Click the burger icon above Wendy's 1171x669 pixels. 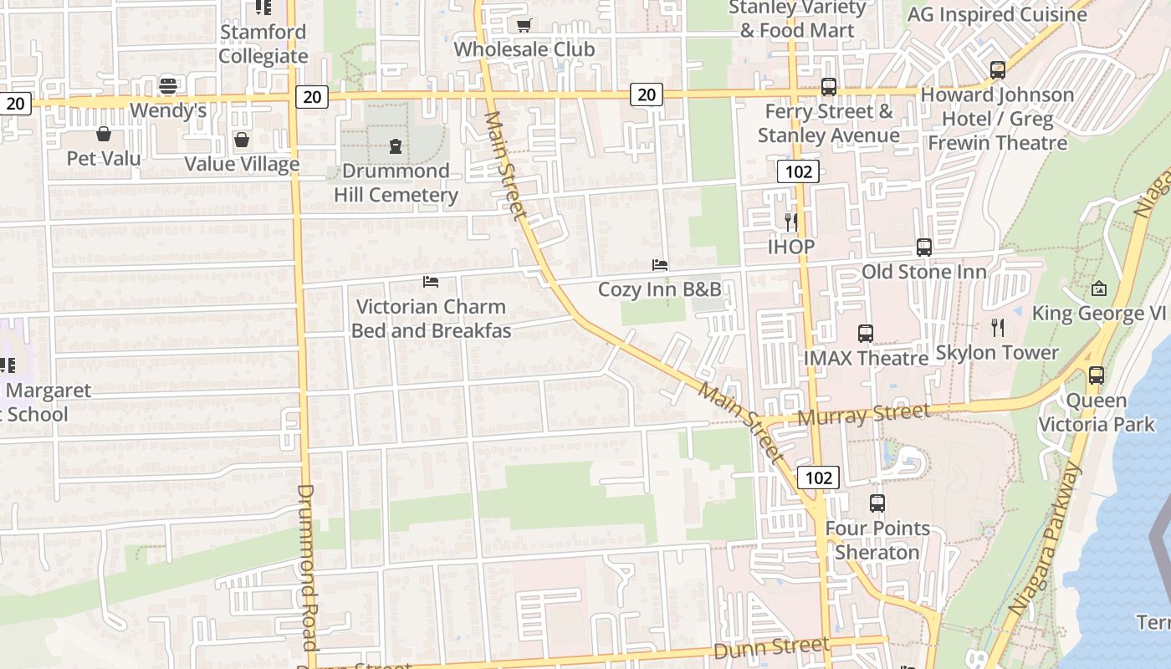(x=168, y=85)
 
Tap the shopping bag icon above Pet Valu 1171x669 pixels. (x=104, y=134)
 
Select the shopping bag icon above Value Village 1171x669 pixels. (x=242, y=140)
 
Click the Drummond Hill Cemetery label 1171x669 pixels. (x=396, y=183)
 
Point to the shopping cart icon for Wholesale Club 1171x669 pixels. (x=524, y=25)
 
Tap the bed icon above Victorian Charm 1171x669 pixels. (x=431, y=282)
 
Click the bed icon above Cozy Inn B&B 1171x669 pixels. (x=660, y=265)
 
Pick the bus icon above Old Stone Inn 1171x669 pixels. (x=924, y=248)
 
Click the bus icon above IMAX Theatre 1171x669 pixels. (x=866, y=334)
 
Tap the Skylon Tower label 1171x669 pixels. (x=997, y=352)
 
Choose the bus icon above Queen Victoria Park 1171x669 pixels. (x=1096, y=375)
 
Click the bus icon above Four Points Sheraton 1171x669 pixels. (x=877, y=503)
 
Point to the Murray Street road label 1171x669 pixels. (x=864, y=413)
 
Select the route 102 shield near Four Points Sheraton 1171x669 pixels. (x=818, y=477)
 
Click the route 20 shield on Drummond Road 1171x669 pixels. (x=312, y=97)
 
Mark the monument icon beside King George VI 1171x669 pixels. (x=1099, y=289)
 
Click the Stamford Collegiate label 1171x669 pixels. (x=263, y=44)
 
